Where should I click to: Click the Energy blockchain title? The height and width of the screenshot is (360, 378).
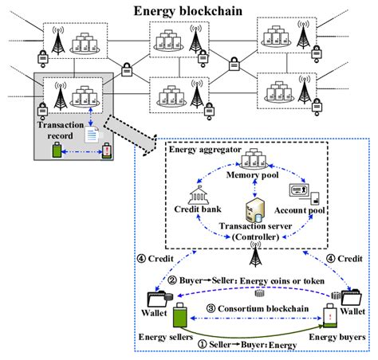(188, 11)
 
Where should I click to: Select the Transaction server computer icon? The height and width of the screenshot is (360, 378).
(255, 209)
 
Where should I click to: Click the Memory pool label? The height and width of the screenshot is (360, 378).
(252, 175)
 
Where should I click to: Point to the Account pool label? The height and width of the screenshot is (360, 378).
(300, 210)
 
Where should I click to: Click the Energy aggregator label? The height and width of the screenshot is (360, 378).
(205, 150)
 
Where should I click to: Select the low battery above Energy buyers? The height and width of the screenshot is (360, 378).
(330, 316)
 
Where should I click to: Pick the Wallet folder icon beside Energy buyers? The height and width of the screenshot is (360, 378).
(347, 298)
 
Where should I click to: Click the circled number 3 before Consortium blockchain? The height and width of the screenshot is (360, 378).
(211, 308)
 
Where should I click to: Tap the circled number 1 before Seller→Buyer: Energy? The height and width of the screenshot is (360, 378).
(203, 344)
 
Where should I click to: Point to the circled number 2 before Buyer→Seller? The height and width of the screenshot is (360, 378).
(172, 280)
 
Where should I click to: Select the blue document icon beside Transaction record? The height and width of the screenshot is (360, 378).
(92, 135)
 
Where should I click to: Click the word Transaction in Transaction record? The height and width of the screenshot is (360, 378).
(61, 125)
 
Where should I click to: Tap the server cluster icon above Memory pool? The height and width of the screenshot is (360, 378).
(254, 158)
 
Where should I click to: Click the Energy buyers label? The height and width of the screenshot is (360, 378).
(337, 337)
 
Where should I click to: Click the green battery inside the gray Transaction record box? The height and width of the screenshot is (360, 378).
(57, 150)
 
